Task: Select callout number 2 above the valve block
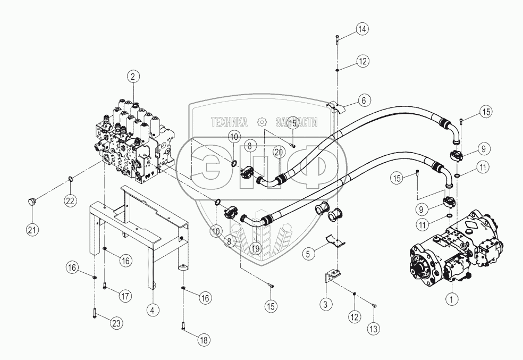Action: point(133,77)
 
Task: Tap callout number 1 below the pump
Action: point(452,299)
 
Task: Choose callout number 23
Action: point(116,322)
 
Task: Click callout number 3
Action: point(326,304)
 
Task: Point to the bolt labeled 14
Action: point(338,39)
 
